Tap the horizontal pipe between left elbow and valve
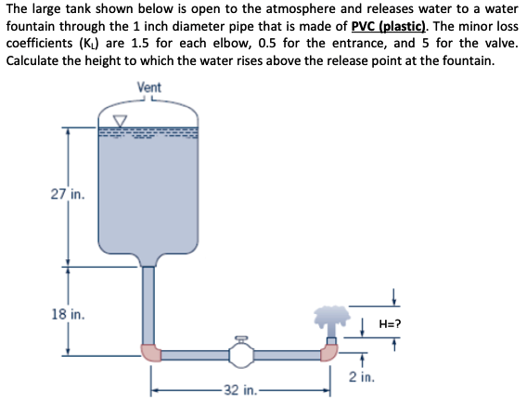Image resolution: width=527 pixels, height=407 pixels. pyautogui.click(x=193, y=354)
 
